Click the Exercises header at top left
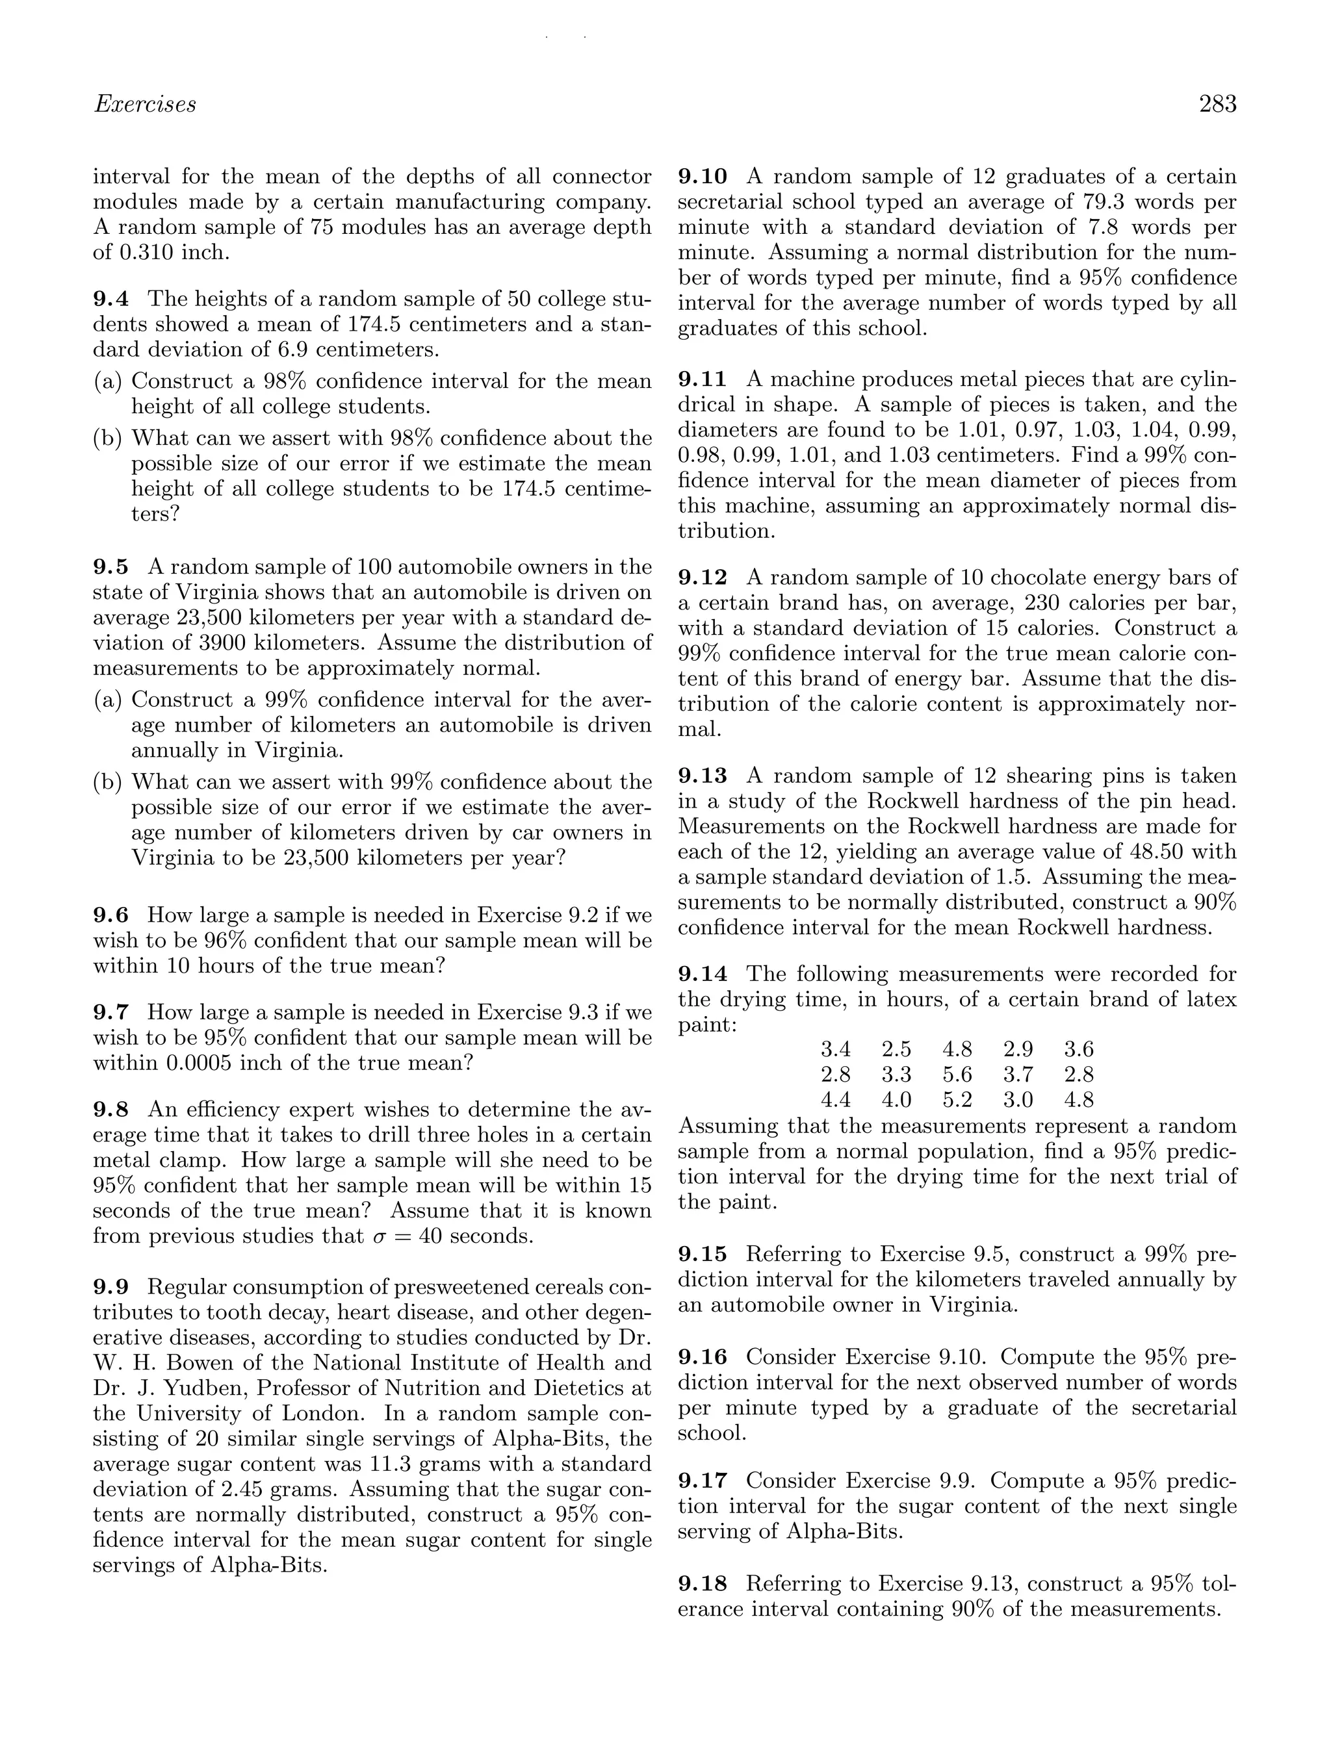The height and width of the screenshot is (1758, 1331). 145,104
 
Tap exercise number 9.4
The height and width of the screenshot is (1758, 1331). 111,299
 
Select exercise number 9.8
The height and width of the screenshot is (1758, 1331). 111,1110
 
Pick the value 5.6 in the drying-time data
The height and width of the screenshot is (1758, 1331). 957,1075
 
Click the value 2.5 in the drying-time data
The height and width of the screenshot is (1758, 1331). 896,1049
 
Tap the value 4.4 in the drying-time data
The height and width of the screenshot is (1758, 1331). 835,1100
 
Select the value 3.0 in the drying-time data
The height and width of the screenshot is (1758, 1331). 1018,1100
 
